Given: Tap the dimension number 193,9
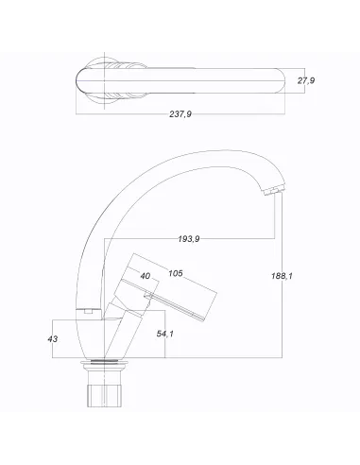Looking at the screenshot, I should [x=189, y=239].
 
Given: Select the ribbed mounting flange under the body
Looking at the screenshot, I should [x=103, y=367].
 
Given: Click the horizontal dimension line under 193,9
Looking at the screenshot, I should [x=189, y=248].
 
